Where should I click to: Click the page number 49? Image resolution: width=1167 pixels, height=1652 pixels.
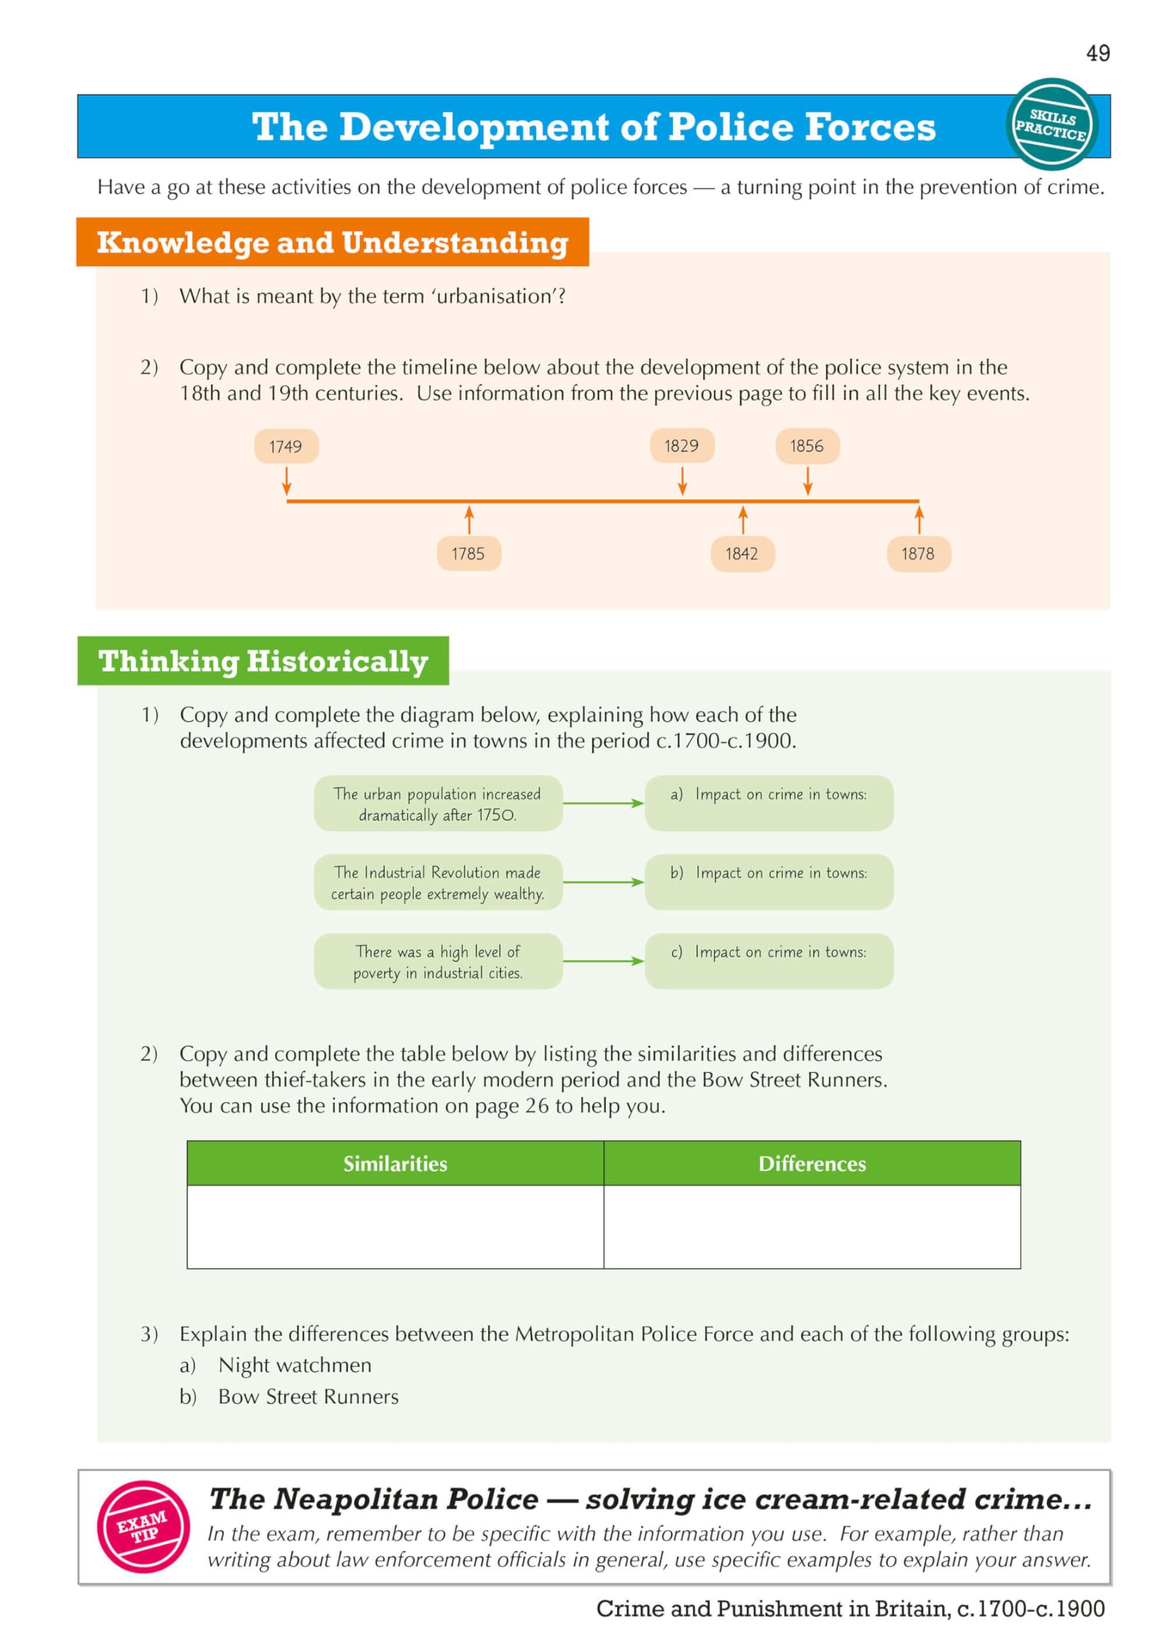1097,54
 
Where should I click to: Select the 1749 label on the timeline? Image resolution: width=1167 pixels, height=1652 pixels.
286,446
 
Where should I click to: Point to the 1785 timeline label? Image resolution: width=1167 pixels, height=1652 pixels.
468,553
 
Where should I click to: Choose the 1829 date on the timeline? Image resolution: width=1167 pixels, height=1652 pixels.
681,445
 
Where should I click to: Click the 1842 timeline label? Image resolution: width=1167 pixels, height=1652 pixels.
741,553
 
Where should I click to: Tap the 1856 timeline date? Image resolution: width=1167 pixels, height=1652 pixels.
807,445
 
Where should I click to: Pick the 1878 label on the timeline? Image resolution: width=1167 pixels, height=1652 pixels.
918,553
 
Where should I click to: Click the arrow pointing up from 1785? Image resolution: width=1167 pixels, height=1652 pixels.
469,519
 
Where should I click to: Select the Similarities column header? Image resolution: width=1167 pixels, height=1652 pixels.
395,1163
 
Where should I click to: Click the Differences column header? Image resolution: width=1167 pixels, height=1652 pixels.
812,1163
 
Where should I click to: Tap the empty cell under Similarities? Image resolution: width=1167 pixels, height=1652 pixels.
395,1226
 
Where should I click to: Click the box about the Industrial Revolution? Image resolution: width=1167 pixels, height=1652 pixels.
437,882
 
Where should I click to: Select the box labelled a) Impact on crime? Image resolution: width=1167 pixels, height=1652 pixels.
769,803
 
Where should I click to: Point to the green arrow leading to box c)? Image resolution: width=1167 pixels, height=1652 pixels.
603,961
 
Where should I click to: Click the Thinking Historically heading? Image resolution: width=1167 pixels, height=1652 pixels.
263,661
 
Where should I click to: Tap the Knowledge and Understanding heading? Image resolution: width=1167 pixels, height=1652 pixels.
332,243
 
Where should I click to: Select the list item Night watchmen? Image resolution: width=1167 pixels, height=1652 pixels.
295,1365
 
